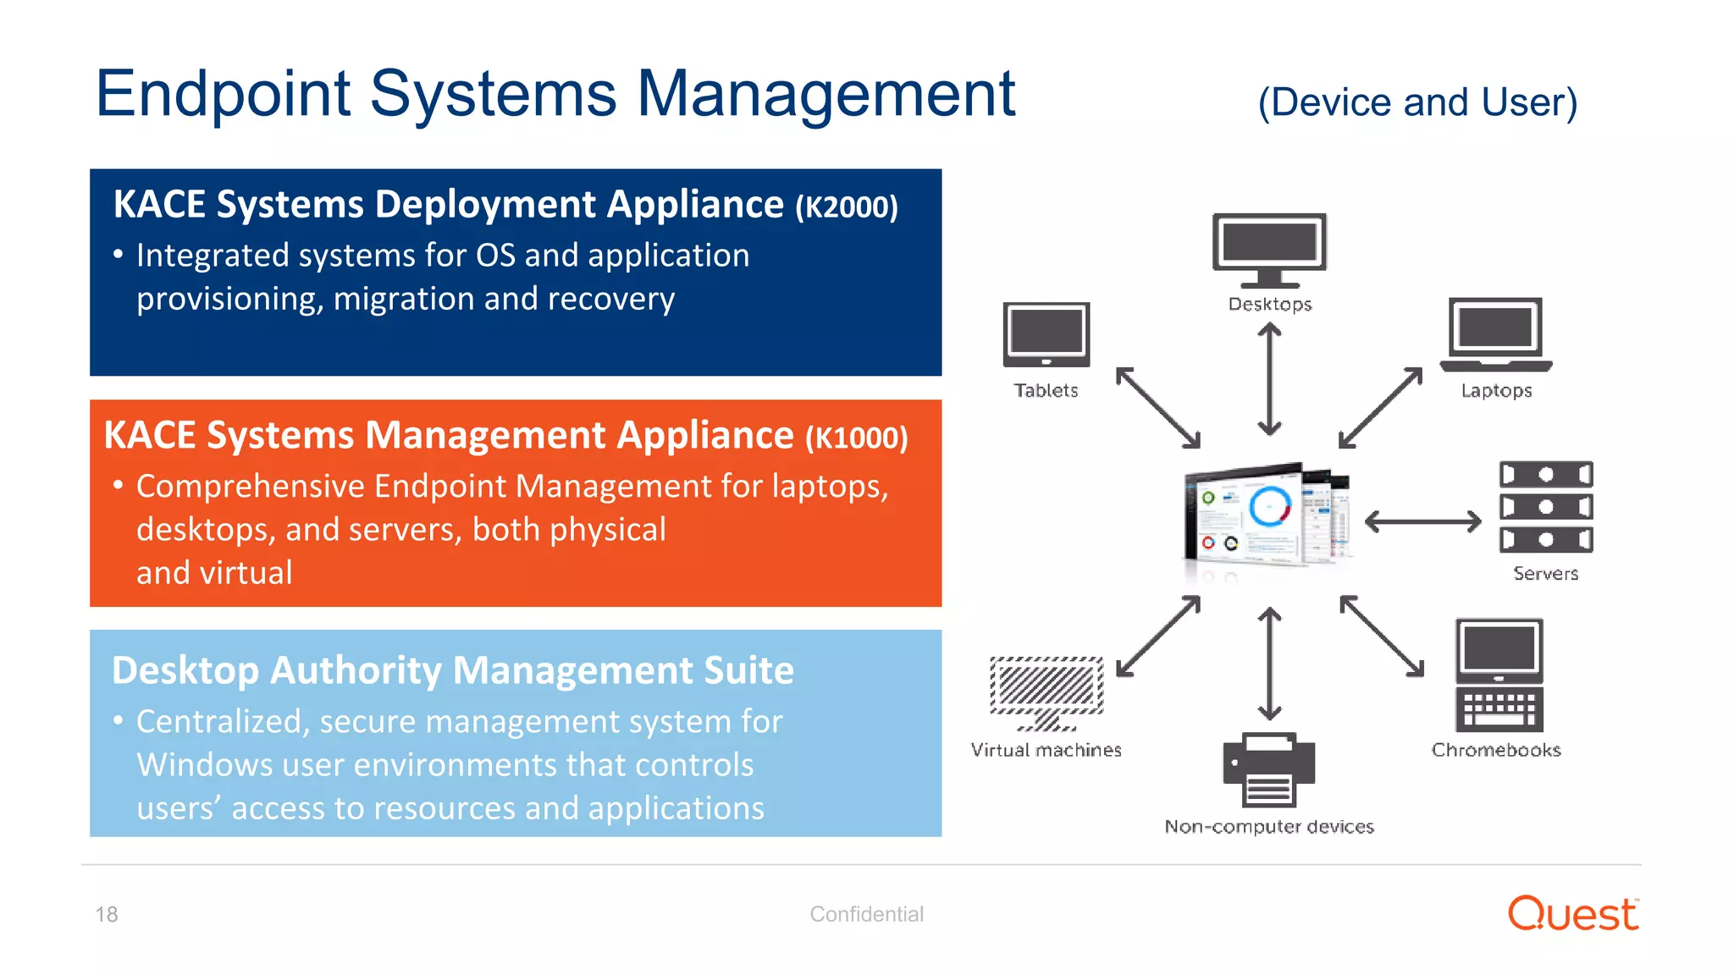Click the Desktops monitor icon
(1268, 249)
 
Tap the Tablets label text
(1046, 390)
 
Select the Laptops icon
(1495, 334)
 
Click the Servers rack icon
(1545, 507)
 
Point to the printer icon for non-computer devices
(1268, 769)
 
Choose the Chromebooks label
(1495, 750)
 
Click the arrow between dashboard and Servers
(1422, 521)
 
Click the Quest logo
(1572, 914)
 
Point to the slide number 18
(107, 914)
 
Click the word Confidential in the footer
(866, 914)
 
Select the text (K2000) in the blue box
(846, 207)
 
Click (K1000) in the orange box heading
(856, 438)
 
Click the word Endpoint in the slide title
(223, 95)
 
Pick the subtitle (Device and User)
(1417, 102)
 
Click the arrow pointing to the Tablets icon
(1157, 407)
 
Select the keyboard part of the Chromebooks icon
(1499, 709)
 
